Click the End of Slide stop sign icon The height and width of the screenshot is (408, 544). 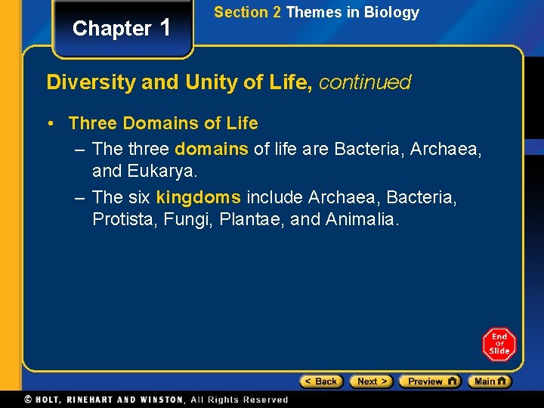[499, 344]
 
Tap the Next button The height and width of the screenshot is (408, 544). [372, 382]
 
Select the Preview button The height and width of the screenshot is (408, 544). [429, 382]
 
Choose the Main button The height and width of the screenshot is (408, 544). [489, 382]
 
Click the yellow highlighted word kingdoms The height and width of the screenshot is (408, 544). [199, 198]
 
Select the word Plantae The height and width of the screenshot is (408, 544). [254, 220]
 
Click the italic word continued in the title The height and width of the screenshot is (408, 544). [365, 82]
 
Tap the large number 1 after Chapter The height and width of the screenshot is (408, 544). [167, 28]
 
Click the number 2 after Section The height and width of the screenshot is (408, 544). [277, 12]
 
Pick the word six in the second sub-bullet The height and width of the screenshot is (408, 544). [140, 198]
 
